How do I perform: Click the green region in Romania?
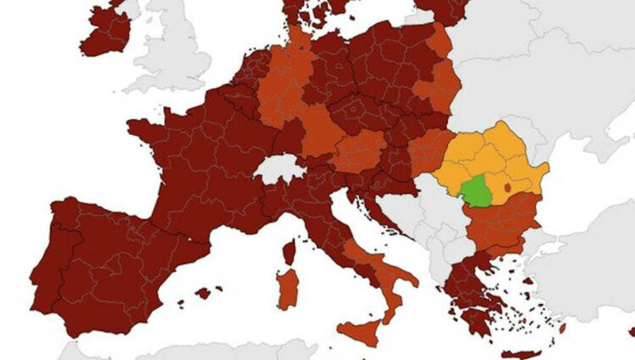[x=479, y=192]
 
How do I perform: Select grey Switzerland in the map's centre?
[x=279, y=168]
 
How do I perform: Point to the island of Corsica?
[x=289, y=251]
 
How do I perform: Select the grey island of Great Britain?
[x=174, y=51]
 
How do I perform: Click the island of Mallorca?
[x=203, y=293]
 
